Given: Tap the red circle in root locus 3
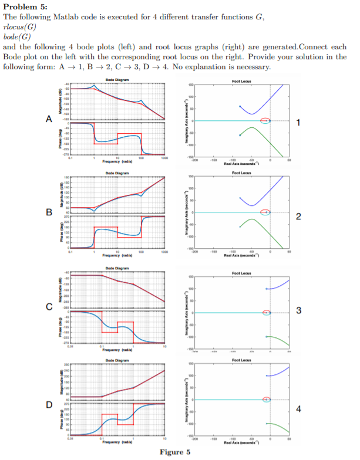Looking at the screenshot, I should point(266,313).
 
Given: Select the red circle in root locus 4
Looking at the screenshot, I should point(266,400).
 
